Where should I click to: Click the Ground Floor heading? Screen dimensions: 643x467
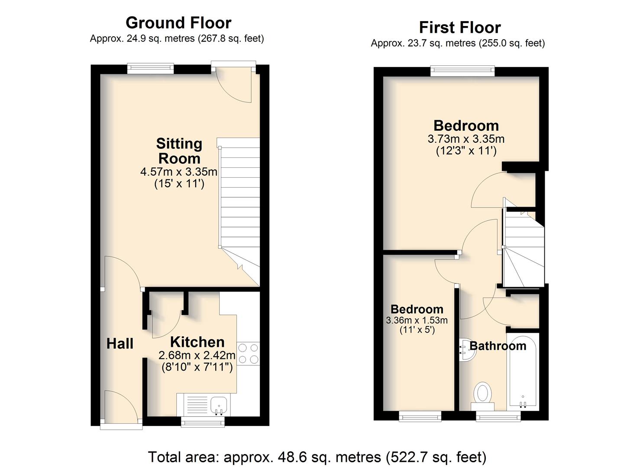pos(178,23)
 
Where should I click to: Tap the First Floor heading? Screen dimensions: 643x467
pos(460,28)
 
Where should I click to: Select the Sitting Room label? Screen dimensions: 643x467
pos(179,151)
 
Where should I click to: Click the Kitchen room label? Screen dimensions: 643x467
pos(197,342)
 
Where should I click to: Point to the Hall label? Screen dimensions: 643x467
pos(120,343)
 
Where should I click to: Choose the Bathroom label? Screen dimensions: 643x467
pos(498,346)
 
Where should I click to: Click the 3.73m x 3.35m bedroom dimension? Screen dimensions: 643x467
pos(466,139)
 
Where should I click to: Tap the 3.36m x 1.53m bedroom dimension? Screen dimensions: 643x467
pos(417,320)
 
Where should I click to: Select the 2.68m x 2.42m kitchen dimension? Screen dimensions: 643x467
pos(197,355)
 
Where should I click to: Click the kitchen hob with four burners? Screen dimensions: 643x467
pos(248,353)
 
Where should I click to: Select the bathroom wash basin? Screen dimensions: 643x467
pos(467,350)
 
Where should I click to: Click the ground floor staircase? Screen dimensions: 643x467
pos(239,212)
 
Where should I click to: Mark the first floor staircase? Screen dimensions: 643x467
pos(523,249)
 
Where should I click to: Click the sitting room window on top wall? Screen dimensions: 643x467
pos(151,67)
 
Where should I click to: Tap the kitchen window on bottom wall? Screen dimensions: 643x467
pos(203,422)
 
